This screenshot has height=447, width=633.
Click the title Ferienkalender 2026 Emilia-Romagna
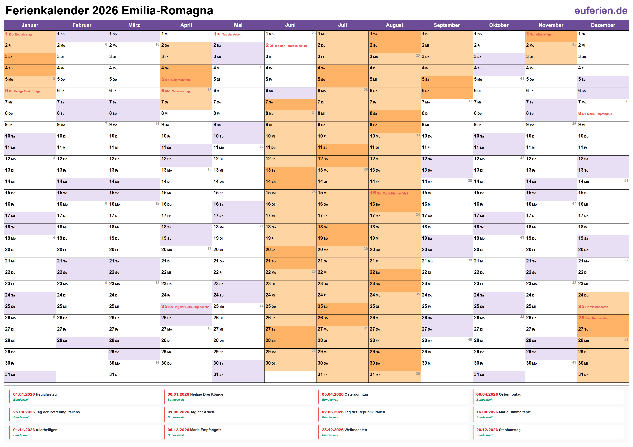[x=109, y=11]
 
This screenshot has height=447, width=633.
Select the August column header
[x=394, y=25]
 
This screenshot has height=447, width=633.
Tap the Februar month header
[x=82, y=25]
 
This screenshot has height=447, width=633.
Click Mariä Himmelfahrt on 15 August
[x=395, y=193]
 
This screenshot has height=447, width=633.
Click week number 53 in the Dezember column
[x=626, y=340]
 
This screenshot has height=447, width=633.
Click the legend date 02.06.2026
[x=333, y=412]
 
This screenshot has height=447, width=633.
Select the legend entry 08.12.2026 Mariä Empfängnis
[x=194, y=430]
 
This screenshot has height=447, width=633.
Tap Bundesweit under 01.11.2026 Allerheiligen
[x=21, y=435]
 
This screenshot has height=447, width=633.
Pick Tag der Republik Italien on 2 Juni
[x=291, y=46]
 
